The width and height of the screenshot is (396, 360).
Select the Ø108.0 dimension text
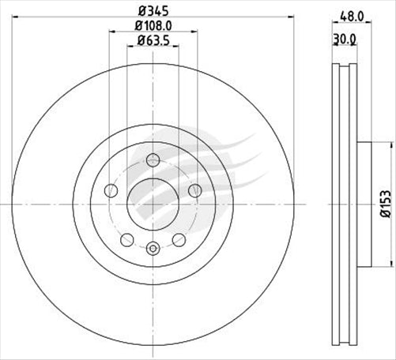coord(153,26)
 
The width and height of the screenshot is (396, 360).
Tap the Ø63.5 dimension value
coord(153,41)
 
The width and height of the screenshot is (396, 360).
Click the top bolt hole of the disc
coord(153,161)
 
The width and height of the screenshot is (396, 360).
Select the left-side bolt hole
coord(111,191)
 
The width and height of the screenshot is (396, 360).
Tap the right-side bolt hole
coord(195,191)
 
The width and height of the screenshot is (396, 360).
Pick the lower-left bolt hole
coord(127,240)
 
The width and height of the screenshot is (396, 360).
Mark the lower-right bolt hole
coord(179,240)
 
